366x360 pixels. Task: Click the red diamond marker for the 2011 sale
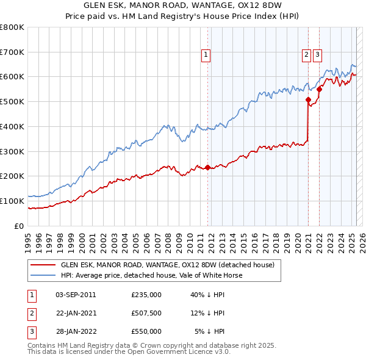click(x=207, y=167)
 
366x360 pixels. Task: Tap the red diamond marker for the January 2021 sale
click(x=308, y=99)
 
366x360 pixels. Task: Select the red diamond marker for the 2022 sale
click(x=319, y=89)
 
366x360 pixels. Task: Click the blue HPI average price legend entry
click(x=151, y=275)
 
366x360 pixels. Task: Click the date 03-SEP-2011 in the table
click(x=76, y=295)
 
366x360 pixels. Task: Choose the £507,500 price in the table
click(x=146, y=313)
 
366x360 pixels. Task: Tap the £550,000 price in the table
click(x=146, y=331)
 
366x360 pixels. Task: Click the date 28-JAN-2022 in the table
click(x=76, y=331)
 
